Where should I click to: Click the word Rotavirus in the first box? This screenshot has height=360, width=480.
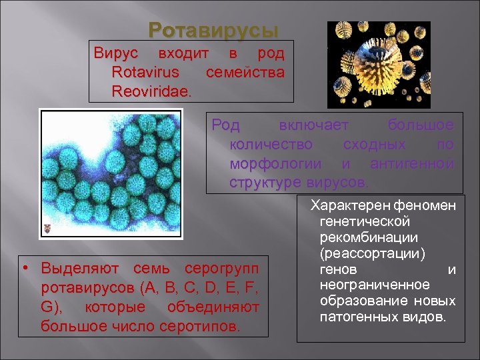pos(146,72)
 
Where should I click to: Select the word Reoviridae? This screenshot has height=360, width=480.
pos(151,90)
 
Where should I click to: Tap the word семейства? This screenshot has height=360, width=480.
pos(245,72)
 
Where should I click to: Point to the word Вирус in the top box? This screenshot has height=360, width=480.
pos(117,53)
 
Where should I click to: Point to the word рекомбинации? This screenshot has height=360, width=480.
pos(369,238)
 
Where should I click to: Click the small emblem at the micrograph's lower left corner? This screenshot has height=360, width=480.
pos(47,229)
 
